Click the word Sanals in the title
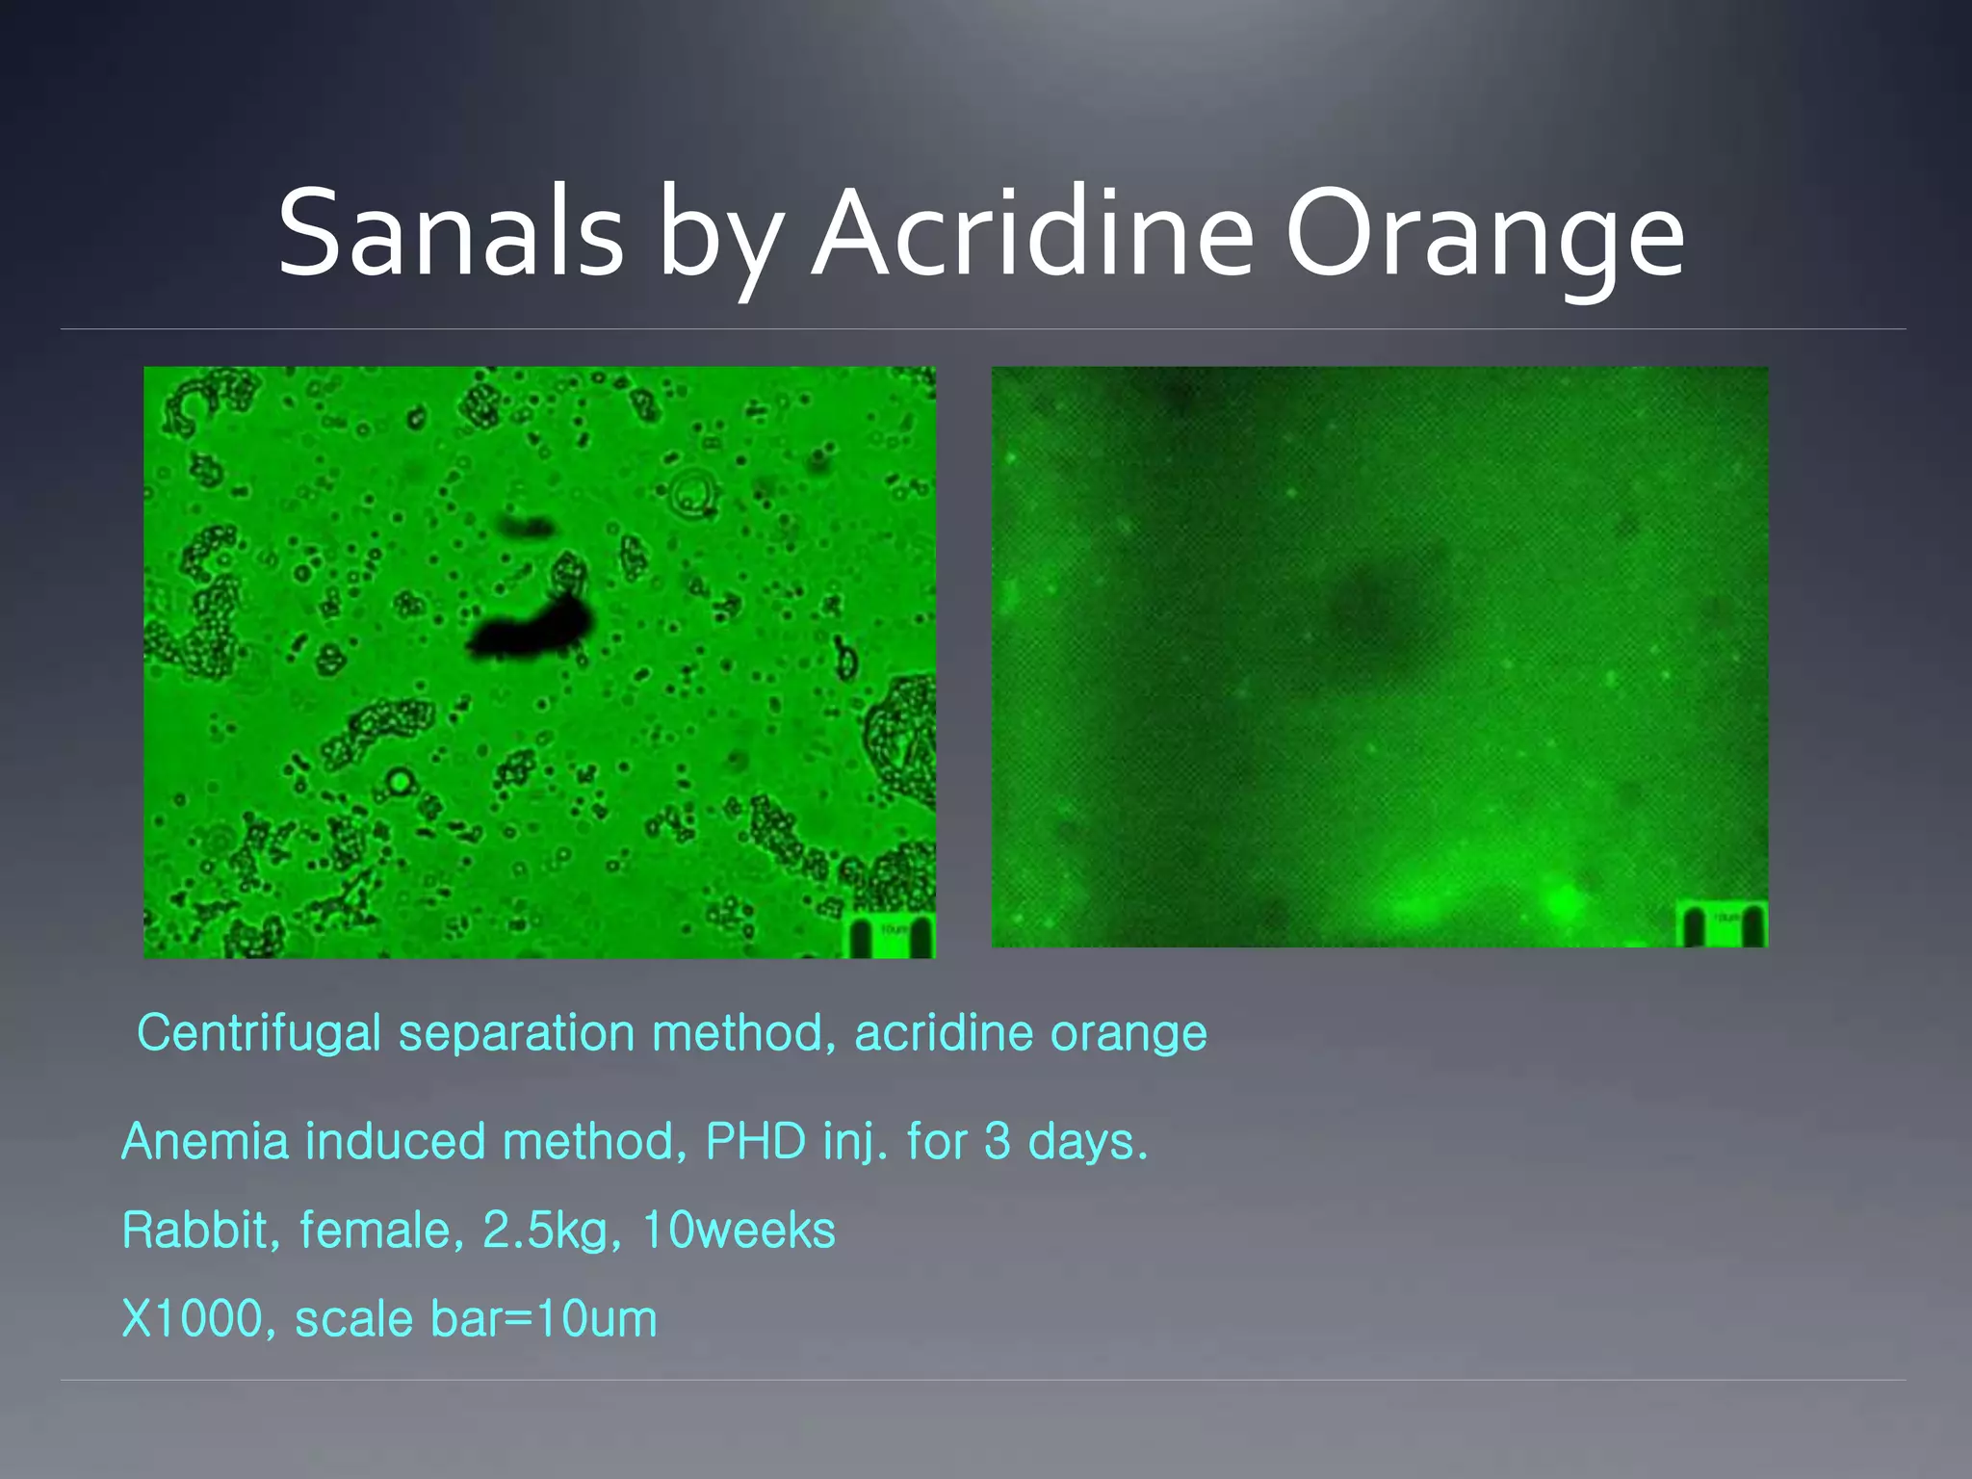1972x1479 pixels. [451, 234]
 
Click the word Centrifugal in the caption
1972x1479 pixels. [259, 1034]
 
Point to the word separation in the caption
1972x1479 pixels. [516, 1034]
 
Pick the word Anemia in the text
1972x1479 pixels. [205, 1142]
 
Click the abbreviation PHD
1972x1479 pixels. [756, 1142]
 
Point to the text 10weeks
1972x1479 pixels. [739, 1231]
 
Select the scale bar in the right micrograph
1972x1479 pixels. [1724, 924]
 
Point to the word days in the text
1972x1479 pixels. [1088, 1142]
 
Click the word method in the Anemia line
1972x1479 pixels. [594, 1142]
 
